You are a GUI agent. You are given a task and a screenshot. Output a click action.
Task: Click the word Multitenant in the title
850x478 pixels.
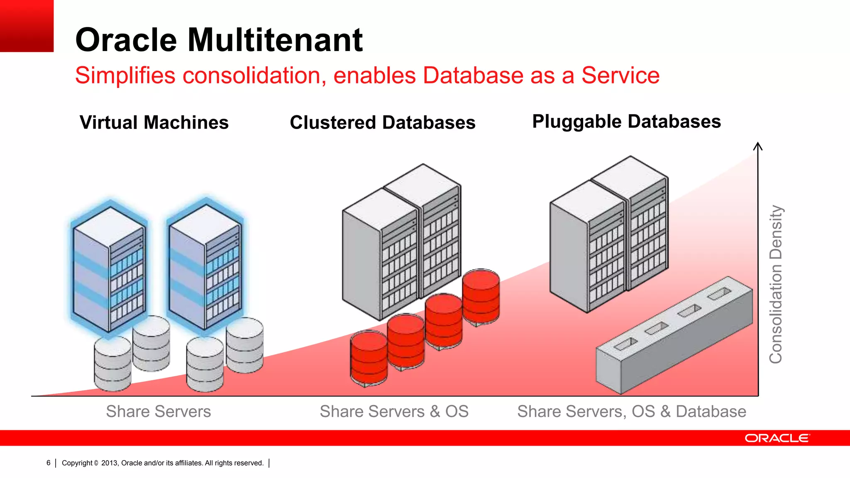coord(275,40)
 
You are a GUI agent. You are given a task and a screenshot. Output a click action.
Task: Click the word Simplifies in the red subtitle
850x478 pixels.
coord(125,76)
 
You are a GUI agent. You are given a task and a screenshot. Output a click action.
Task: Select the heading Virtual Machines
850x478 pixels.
coord(154,122)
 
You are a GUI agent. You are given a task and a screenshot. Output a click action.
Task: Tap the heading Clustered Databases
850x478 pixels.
coord(382,122)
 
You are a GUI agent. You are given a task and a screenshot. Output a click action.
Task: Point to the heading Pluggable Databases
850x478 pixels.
coord(626,122)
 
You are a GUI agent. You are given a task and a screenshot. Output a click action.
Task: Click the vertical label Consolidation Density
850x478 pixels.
coord(776,284)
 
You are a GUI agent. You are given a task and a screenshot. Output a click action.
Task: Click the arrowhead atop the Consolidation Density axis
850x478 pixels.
coord(758,146)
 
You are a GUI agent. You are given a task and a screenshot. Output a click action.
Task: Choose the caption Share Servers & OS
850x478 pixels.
coord(394,411)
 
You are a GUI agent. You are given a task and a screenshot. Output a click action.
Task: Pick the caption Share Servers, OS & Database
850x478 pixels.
coord(631,411)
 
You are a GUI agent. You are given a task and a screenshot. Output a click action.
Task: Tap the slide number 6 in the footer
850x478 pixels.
coord(49,463)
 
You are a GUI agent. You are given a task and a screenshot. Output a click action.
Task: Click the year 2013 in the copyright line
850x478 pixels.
coord(110,463)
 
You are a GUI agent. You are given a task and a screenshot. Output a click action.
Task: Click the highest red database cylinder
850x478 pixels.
coord(481,295)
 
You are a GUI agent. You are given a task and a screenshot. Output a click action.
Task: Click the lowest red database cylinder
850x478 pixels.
coord(369,358)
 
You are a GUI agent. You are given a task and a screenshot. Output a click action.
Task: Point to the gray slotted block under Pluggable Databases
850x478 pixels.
coord(674,335)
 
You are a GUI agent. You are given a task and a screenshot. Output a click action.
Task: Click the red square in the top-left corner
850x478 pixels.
coord(27,26)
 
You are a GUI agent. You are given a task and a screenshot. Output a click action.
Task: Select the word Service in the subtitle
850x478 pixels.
coord(620,76)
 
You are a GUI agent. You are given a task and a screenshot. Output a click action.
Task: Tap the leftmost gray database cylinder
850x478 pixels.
coord(112,363)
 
